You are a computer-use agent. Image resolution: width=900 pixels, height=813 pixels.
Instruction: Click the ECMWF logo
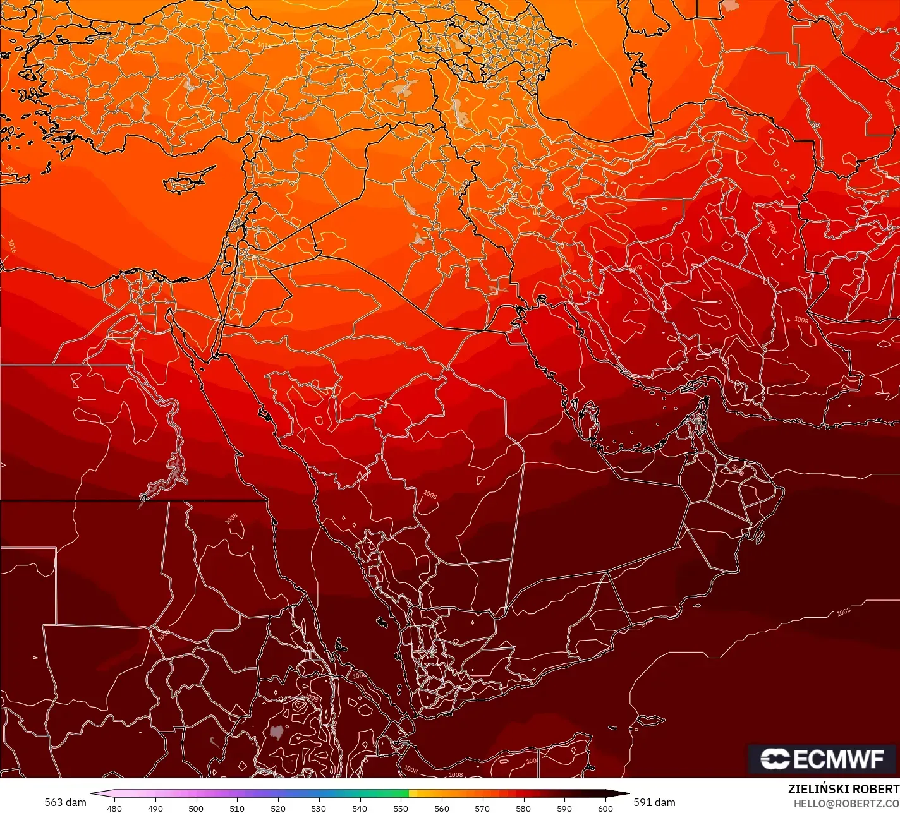(823, 759)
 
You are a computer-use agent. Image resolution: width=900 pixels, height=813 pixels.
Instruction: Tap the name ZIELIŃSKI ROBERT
(843, 789)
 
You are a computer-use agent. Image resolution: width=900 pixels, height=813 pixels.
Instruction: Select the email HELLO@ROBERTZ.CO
(846, 804)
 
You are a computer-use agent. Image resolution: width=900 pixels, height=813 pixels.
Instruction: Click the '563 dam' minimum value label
(65, 802)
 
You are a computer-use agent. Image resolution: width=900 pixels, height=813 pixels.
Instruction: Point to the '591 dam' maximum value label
(654, 802)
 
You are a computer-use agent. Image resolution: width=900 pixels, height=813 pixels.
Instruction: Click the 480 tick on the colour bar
(114, 808)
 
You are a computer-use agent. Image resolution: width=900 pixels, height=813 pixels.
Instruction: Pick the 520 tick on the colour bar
(278, 808)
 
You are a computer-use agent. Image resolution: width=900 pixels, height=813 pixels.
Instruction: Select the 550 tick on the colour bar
(401, 808)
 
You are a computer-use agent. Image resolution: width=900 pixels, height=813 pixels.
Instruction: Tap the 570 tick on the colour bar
(482, 808)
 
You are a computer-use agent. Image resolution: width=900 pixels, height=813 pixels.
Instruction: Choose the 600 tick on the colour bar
(605, 808)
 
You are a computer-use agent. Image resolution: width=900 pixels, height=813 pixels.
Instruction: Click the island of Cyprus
(187, 180)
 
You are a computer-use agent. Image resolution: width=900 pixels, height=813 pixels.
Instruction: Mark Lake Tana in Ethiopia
(276, 733)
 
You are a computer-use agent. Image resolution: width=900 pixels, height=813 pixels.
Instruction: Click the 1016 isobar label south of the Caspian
(589, 145)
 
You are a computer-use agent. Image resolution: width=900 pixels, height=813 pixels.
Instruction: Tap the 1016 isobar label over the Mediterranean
(11, 246)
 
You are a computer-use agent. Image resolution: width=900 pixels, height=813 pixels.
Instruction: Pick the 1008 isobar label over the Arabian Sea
(843, 611)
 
